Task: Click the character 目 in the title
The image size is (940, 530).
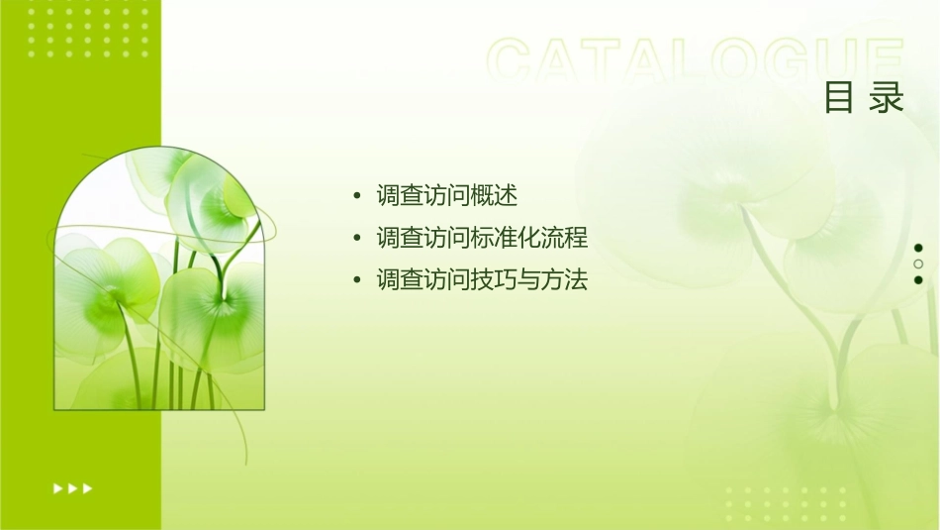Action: tap(839, 98)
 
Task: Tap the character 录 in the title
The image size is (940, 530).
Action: tap(888, 98)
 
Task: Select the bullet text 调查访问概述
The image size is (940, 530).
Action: tap(447, 195)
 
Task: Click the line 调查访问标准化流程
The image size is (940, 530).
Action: tap(482, 238)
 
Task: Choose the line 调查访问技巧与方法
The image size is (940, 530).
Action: tap(482, 280)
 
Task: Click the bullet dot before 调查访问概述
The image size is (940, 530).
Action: tap(357, 196)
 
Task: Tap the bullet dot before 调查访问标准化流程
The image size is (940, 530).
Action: tap(357, 239)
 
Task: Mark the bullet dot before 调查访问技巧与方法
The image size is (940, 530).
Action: tap(357, 281)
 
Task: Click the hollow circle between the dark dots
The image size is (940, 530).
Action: tap(918, 265)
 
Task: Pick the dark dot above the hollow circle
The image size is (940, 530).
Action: tap(918, 248)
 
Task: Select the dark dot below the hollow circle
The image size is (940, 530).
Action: tap(918, 280)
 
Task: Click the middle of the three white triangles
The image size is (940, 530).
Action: tap(72, 488)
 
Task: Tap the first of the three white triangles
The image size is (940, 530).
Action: tap(57, 488)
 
